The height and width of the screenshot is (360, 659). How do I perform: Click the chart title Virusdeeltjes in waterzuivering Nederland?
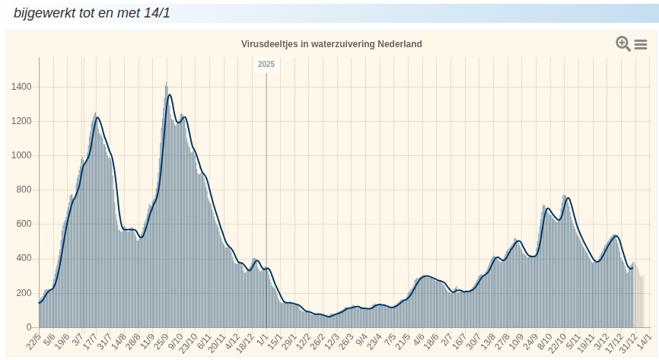(x=331, y=44)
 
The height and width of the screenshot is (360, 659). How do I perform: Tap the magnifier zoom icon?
(x=623, y=44)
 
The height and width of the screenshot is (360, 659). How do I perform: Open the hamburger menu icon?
(x=641, y=45)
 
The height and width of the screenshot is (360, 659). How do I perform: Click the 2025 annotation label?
(x=266, y=65)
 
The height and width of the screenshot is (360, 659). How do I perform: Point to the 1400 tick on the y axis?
(x=21, y=87)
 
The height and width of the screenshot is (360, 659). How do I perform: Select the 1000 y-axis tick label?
(x=21, y=155)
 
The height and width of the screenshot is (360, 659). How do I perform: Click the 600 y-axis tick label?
(x=24, y=224)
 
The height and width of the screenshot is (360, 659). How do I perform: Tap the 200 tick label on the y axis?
(x=24, y=293)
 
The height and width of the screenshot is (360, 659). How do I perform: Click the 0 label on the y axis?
(x=29, y=327)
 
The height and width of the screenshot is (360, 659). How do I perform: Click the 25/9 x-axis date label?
(x=161, y=340)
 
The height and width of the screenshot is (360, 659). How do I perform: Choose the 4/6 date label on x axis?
(x=419, y=339)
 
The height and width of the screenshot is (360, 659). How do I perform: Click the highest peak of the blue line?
(x=169, y=95)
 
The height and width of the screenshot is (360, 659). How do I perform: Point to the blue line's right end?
(x=632, y=268)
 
